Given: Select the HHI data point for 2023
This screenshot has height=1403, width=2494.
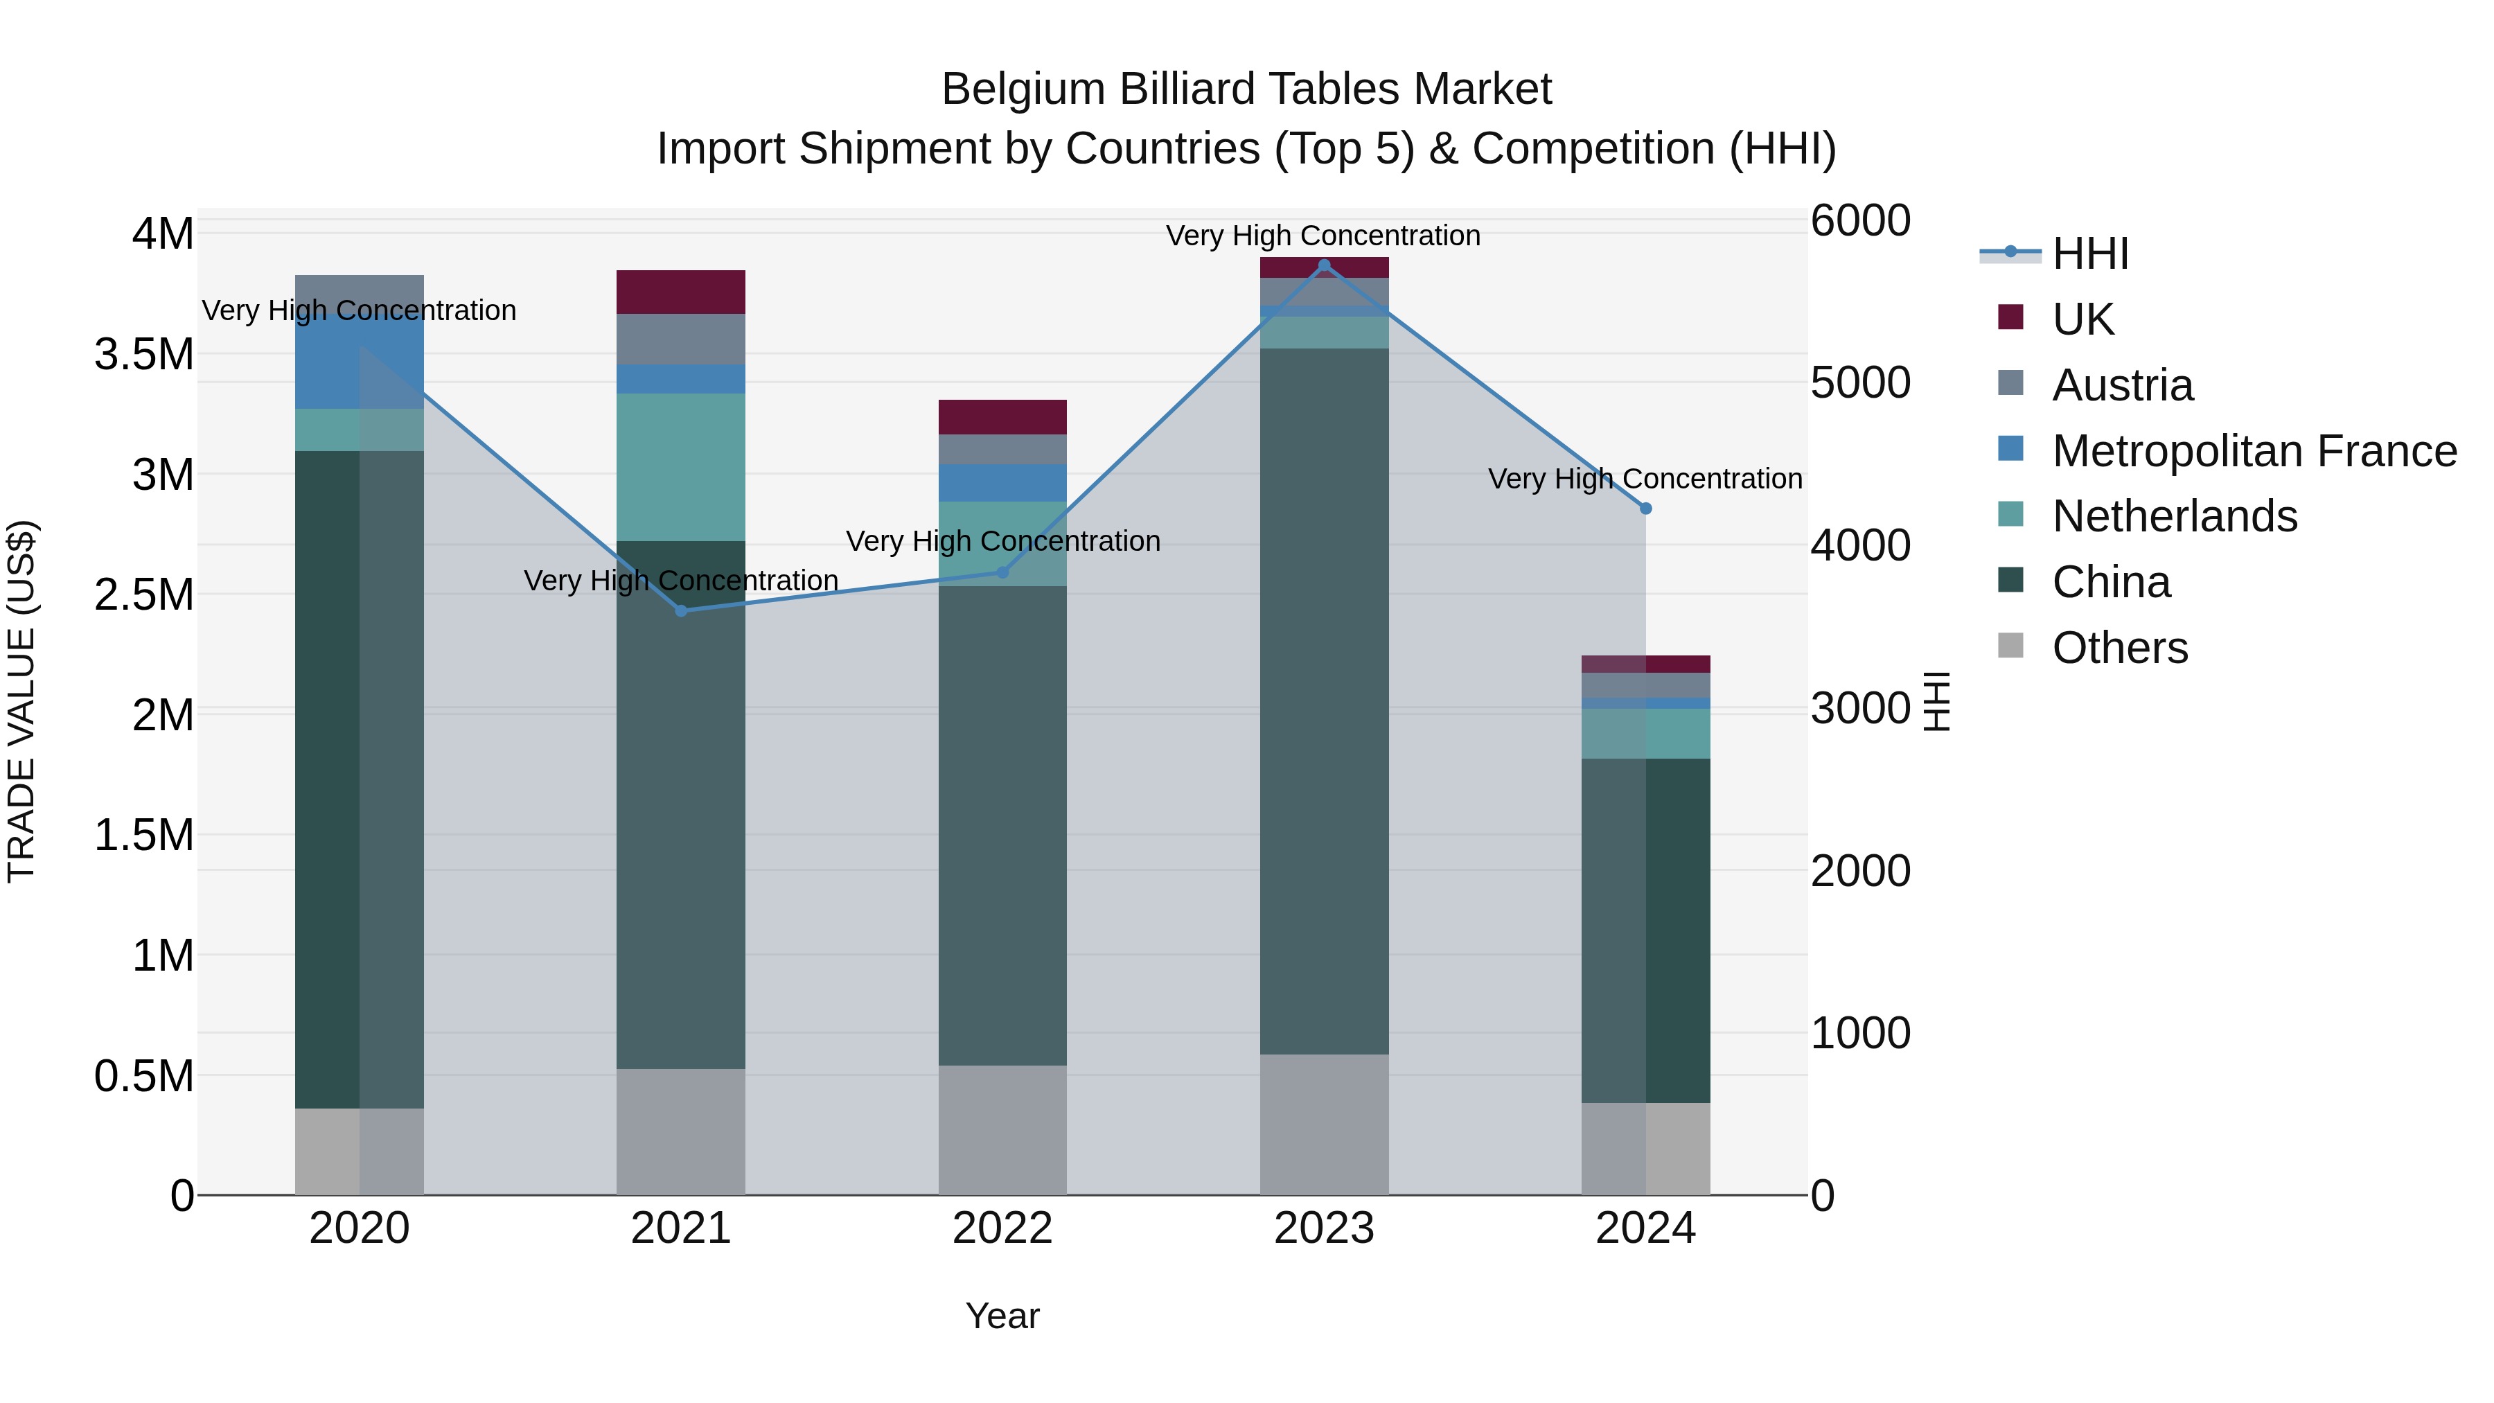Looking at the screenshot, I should pyautogui.click(x=1325, y=265).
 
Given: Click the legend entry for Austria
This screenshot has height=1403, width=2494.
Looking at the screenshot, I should pyautogui.click(x=2121, y=385).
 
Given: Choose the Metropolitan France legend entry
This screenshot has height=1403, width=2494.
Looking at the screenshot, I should pyautogui.click(x=2253, y=451).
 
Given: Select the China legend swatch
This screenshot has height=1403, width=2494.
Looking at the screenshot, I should pyautogui.click(x=2011, y=581).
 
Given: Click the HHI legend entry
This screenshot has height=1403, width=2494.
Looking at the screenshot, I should pyautogui.click(x=2089, y=254).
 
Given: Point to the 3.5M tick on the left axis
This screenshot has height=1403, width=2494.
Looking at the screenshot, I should pyautogui.click(x=143, y=354).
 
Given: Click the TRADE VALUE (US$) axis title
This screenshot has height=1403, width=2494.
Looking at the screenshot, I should pyautogui.click(x=21, y=701).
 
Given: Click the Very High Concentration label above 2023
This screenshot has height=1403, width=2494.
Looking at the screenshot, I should pyautogui.click(x=1323, y=236).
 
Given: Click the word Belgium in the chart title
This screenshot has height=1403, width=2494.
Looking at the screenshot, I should pyautogui.click(x=1025, y=89).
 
